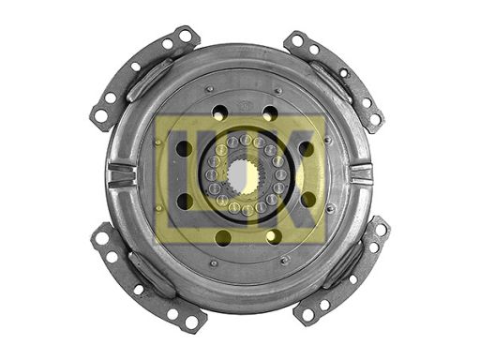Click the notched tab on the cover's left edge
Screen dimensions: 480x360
(122, 175)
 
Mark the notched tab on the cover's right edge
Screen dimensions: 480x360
(362, 173)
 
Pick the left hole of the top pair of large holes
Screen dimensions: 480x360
(219, 113)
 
